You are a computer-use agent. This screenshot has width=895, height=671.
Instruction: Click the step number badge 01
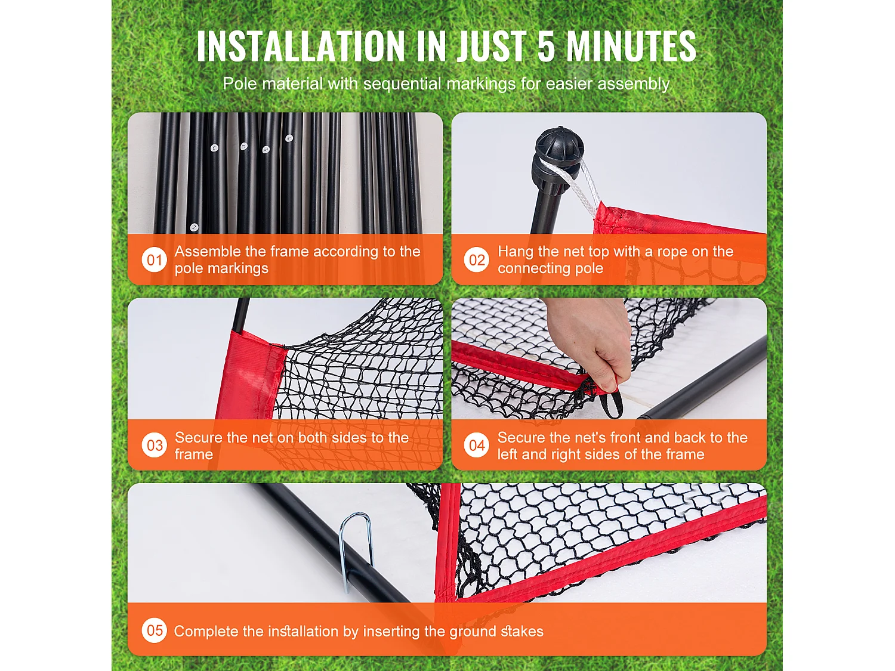pyautogui.click(x=154, y=259)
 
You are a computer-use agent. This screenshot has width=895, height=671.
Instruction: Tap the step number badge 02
pyautogui.click(x=476, y=259)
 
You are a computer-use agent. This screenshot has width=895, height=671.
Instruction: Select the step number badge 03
pyautogui.click(x=154, y=446)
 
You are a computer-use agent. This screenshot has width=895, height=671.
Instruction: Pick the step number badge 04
pyautogui.click(x=476, y=446)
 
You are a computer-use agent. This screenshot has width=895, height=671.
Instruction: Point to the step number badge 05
pyautogui.click(x=154, y=630)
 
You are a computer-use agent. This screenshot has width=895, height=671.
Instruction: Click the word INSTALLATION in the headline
pyautogui.click(x=301, y=46)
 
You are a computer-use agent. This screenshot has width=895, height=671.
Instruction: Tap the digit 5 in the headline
pyautogui.click(x=547, y=46)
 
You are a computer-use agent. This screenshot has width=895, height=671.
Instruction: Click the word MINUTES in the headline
pyautogui.click(x=631, y=46)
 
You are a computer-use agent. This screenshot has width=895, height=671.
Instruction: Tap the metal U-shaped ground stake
pyautogui.click(x=355, y=550)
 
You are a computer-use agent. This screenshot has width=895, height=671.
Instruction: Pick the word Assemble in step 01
pyautogui.click(x=206, y=252)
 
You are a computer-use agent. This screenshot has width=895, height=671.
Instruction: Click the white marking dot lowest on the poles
pyautogui.click(x=194, y=227)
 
